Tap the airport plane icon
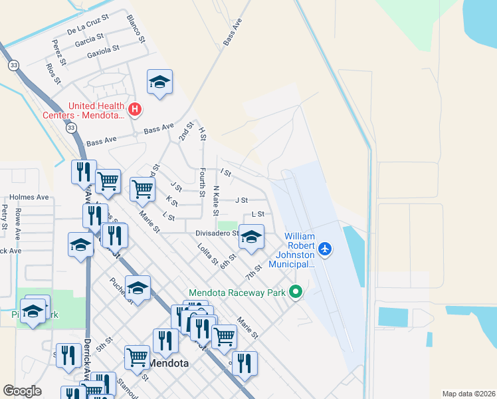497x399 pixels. (325, 249)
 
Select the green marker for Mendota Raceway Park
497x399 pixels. (296, 292)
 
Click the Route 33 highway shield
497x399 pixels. (14, 65)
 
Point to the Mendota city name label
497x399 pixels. (168, 364)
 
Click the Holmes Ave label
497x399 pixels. (29, 198)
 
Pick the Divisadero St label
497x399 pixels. (217, 233)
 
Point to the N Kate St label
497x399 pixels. (215, 200)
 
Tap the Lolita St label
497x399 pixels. (207, 255)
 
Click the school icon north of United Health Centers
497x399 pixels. (159, 82)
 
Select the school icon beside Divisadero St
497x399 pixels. (251, 237)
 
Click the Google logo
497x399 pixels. (22, 391)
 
